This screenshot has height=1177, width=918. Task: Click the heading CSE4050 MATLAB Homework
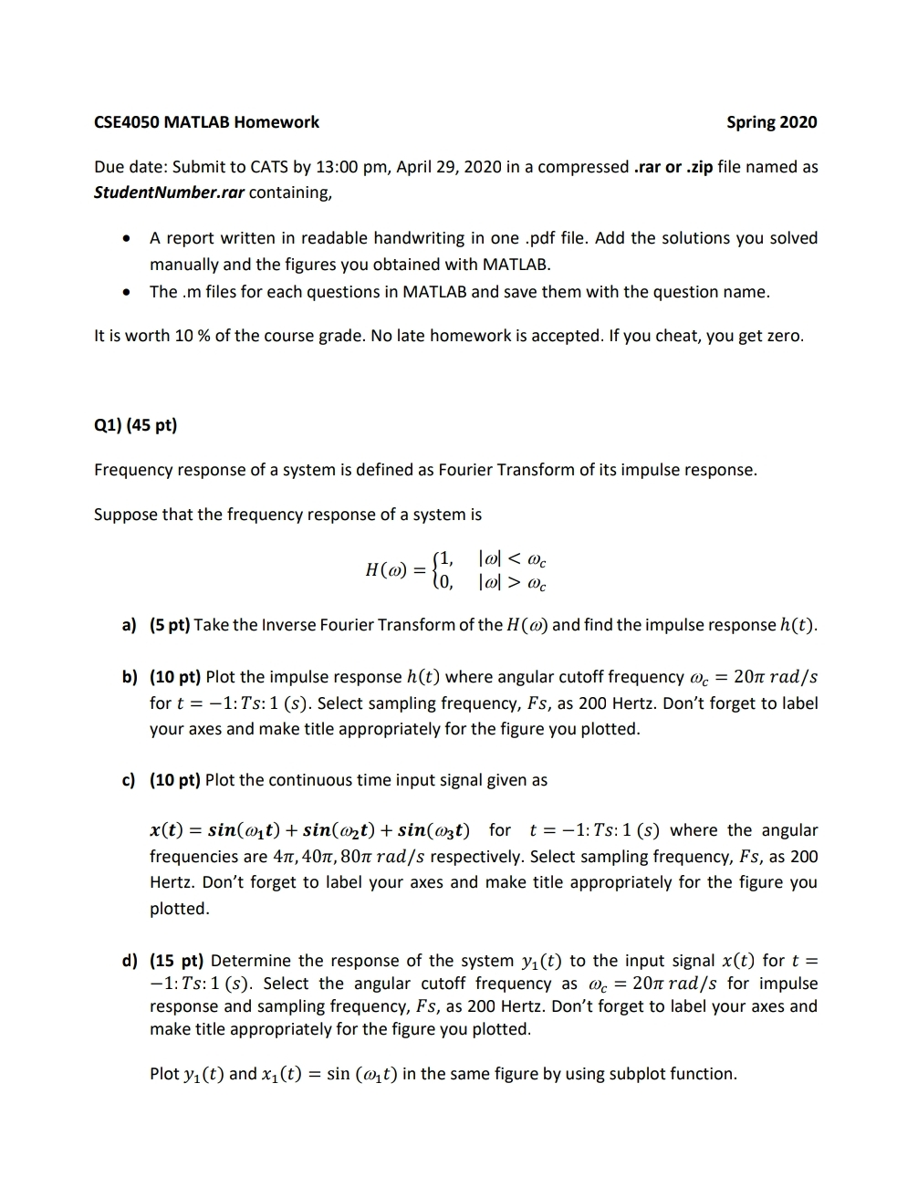coord(206,122)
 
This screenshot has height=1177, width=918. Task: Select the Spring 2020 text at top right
coord(771,122)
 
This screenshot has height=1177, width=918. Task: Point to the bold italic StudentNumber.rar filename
coord(169,193)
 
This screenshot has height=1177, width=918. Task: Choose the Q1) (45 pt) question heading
coord(135,425)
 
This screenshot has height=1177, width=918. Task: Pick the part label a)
coord(129,626)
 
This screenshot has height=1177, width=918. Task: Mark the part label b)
coord(130,677)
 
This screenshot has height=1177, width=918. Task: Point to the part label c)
coord(129,780)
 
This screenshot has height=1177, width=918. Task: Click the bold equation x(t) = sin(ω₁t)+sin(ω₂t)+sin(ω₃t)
coord(310,830)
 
